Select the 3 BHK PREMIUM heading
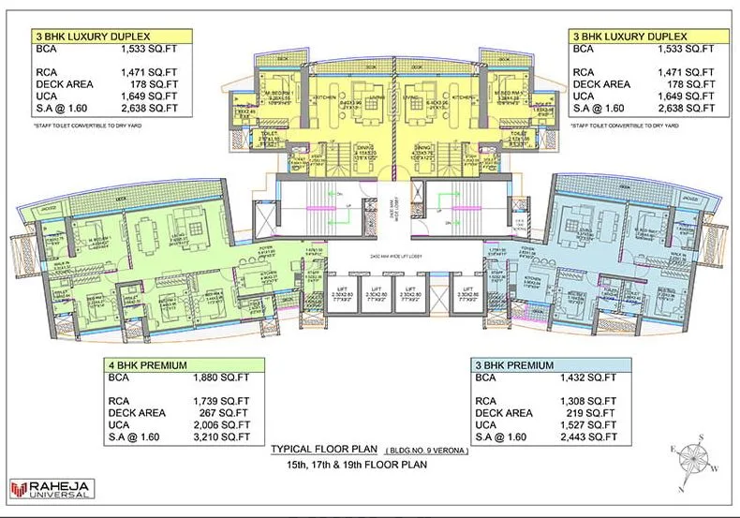coord(513,364)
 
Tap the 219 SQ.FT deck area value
coord(588,411)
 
